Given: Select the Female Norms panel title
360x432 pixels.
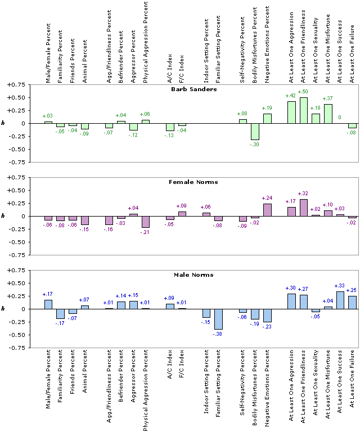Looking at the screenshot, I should [194, 182].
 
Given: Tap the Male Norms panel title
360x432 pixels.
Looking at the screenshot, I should [194, 275].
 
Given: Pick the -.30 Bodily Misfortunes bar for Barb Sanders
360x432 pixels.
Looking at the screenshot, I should [255, 131].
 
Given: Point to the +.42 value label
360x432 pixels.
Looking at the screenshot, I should [291, 96].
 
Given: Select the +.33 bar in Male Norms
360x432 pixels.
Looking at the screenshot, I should [340, 300].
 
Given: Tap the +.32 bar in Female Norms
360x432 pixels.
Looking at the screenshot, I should [303, 208].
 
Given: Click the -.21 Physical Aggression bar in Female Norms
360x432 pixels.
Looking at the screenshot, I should [145, 222].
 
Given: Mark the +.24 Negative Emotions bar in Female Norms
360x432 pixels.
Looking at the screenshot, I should [267, 210].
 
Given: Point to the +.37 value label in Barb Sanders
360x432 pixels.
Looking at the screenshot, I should [327, 98].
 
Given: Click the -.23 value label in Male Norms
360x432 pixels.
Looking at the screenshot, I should [267, 327].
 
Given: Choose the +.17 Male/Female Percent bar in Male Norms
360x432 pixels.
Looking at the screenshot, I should [48, 304].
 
